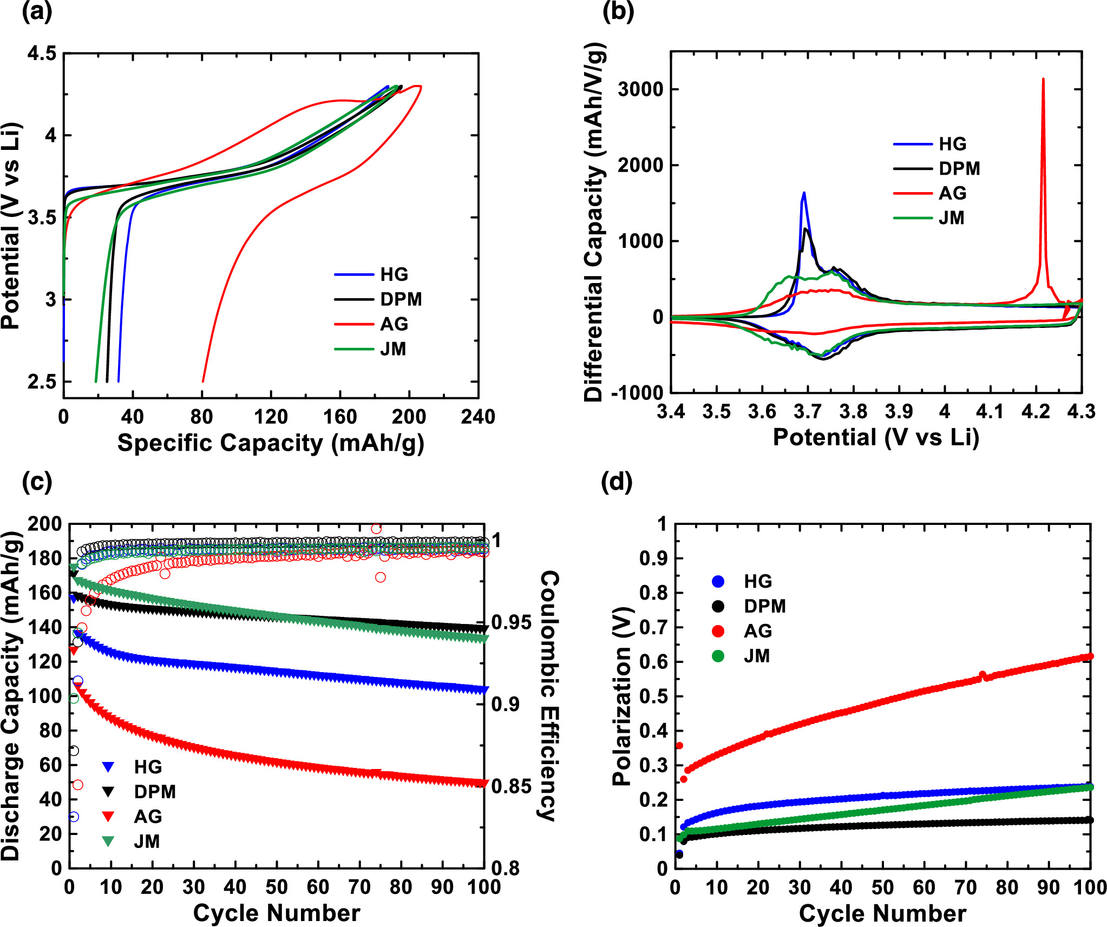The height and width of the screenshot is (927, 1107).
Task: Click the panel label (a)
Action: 37,12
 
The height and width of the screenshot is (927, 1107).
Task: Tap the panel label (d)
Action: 616,482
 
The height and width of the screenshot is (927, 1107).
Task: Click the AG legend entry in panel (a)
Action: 394,324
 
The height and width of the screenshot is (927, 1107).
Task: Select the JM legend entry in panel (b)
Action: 951,218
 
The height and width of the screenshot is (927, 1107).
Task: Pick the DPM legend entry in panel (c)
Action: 155,792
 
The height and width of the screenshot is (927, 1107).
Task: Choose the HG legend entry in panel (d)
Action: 757,581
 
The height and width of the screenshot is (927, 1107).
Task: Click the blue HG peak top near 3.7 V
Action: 804,193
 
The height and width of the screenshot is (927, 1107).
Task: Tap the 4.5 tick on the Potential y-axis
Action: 42,54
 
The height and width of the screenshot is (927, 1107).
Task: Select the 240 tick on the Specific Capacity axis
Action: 478,417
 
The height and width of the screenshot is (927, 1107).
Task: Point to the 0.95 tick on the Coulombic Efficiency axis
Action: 511,622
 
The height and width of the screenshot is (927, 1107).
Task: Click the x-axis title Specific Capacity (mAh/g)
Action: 271,443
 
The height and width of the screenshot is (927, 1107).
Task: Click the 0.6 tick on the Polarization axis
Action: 653,662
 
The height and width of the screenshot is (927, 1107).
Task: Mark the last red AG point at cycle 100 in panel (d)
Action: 1090,656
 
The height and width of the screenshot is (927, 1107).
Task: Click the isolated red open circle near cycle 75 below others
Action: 381,577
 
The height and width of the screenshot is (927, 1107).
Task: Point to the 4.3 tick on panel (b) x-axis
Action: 1081,412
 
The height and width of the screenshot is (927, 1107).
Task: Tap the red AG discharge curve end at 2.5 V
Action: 203,381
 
